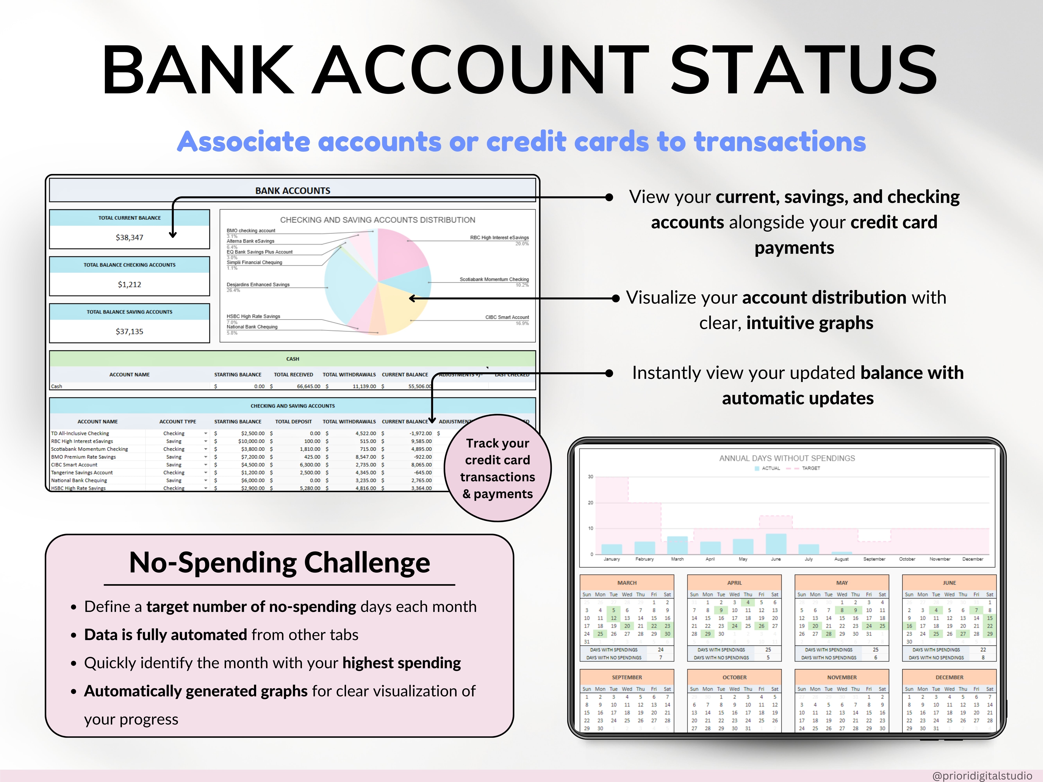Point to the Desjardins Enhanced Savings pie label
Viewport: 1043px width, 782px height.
258,285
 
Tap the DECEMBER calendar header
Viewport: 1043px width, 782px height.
949,677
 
